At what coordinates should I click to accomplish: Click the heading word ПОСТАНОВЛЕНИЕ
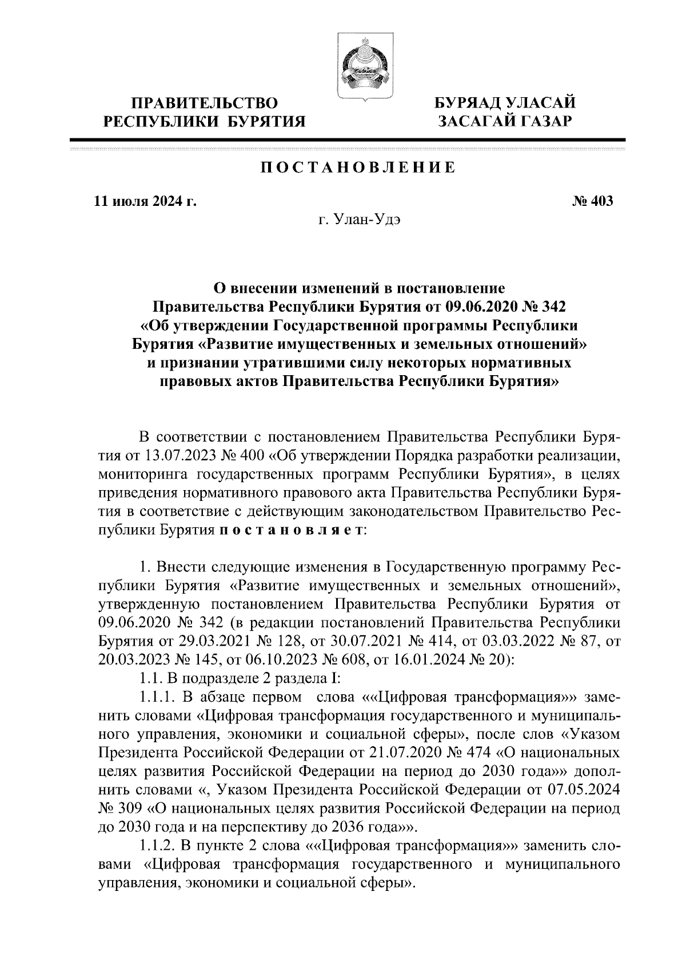(x=358, y=168)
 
